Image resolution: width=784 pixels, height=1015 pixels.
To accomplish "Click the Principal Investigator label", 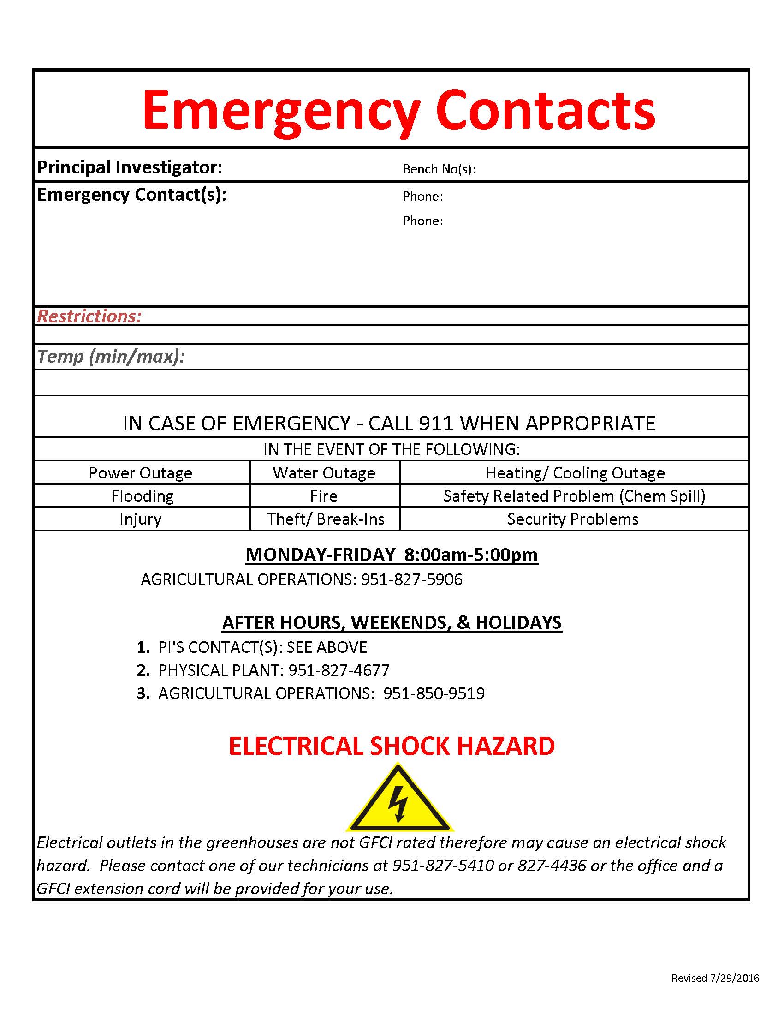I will [x=130, y=167].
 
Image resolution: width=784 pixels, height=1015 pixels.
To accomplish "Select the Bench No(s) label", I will [x=439, y=169].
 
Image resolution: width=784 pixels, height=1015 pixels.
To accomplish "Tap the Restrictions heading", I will [x=89, y=316].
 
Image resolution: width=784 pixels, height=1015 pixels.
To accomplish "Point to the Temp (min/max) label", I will [x=111, y=357].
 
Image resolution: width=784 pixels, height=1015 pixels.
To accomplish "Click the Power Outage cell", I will [x=140, y=472].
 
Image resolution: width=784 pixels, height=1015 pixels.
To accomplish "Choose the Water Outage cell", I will [x=324, y=472].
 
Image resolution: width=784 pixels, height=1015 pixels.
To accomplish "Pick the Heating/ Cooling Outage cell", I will [x=575, y=472].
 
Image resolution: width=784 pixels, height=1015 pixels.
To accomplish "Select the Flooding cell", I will [x=142, y=496].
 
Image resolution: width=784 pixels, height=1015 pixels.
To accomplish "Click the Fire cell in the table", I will [x=324, y=496].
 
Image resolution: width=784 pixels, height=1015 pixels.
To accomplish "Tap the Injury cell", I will [x=140, y=519].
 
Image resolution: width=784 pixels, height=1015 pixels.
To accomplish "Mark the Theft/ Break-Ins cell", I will [x=325, y=519].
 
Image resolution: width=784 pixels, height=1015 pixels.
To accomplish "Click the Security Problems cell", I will [x=573, y=519].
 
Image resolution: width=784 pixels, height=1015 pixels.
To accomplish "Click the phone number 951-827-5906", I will [x=412, y=579].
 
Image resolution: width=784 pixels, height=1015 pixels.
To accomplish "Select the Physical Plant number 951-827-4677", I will [x=339, y=670].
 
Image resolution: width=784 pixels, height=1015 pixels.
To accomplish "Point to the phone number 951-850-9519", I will [x=434, y=693].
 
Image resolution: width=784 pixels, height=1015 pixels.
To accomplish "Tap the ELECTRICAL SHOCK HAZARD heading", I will [x=392, y=746].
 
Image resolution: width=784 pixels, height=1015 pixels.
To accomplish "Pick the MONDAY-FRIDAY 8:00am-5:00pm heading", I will [x=392, y=555].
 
